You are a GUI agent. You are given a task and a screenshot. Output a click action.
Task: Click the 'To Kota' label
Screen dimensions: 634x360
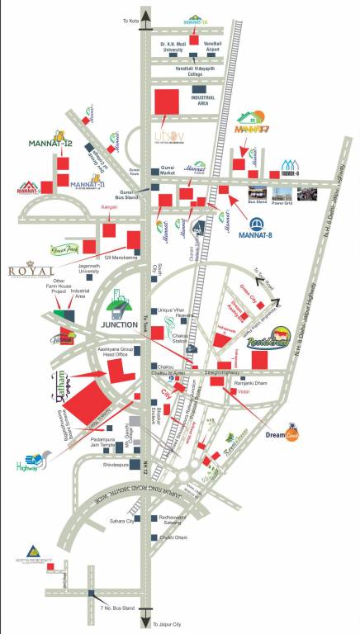[130, 20]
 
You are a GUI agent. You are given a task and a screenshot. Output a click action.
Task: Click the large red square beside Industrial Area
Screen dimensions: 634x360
[166, 104]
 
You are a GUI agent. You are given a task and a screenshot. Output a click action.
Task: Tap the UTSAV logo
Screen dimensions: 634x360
[166, 135]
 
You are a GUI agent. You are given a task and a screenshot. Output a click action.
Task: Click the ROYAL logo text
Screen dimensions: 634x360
[31, 271]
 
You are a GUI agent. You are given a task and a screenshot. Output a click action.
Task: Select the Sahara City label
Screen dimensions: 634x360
[121, 522]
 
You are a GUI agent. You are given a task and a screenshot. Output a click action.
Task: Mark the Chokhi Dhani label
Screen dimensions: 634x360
[174, 537]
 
